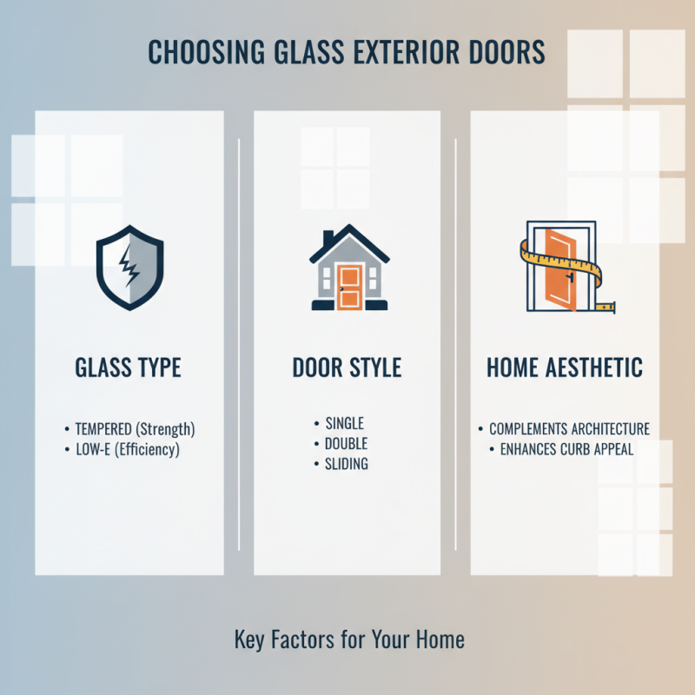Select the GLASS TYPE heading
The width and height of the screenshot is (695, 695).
129,367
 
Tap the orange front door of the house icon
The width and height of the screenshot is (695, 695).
349,288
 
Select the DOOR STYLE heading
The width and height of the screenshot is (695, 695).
347,367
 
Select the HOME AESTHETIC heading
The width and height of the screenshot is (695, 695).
565,367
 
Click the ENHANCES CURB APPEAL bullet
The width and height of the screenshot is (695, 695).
566,450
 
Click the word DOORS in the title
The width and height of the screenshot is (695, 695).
506,53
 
